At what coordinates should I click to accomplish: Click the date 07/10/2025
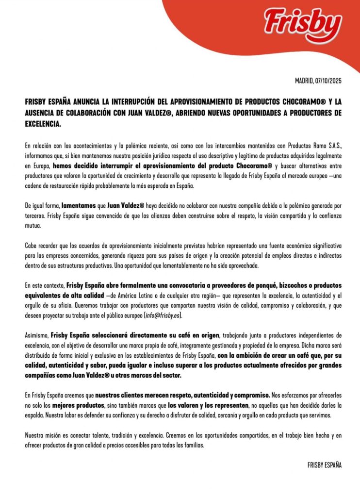pyautogui.click(x=328, y=81)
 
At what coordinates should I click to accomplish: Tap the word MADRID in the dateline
pyautogui.click(x=304, y=81)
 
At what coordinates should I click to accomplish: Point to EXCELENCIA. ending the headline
pyautogui.click(x=43, y=124)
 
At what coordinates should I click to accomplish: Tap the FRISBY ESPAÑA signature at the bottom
pyautogui.click(x=325, y=465)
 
